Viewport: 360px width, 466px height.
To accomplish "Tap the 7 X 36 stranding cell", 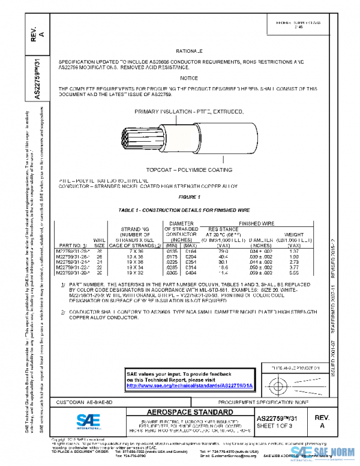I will pos(135,251).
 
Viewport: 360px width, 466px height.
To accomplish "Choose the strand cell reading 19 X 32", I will pos(135,273).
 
